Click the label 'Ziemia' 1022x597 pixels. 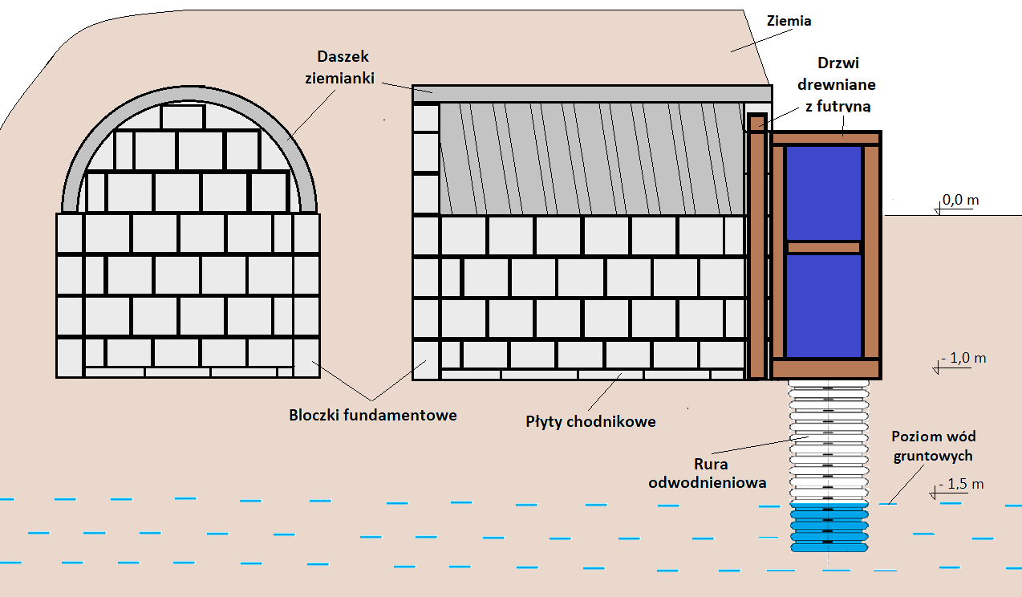(x=789, y=21)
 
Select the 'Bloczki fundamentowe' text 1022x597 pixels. (x=373, y=415)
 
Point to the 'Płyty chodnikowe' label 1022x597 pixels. (x=591, y=420)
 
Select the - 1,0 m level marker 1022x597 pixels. (x=962, y=358)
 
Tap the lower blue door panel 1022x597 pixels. (x=823, y=305)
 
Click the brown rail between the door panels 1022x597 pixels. (x=823, y=247)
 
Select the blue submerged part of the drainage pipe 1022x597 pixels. (x=829, y=528)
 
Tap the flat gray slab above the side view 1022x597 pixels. (x=591, y=93)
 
